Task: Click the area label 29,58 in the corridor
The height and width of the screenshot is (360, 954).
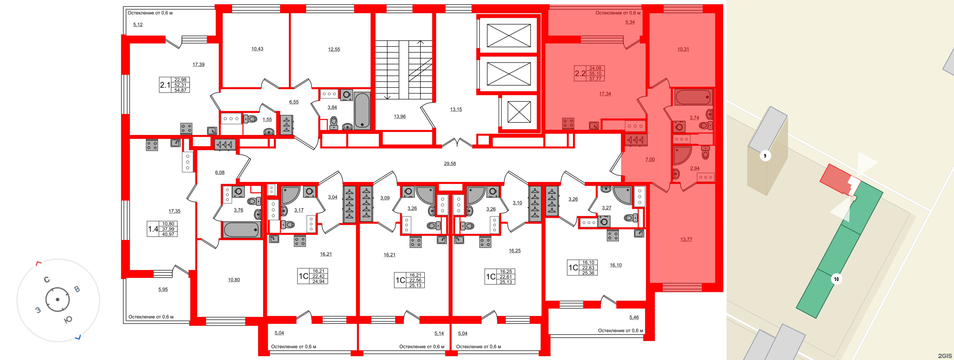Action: [x=450, y=164]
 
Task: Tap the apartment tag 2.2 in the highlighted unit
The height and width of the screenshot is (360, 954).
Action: [x=580, y=73]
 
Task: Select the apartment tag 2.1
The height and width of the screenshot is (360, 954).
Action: [x=165, y=85]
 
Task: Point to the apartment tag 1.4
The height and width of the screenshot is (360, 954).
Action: [x=153, y=229]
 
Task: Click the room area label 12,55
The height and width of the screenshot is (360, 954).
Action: [x=334, y=49]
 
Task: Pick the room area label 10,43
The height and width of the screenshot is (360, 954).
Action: [x=257, y=49]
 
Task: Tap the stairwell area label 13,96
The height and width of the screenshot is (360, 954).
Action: [x=399, y=117]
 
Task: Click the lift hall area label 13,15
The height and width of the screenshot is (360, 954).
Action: [x=456, y=110]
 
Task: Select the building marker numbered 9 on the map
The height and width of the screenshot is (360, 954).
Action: [x=765, y=156]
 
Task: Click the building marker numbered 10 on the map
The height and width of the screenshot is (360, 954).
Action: [x=836, y=279]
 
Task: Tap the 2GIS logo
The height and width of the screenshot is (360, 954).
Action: [x=945, y=356]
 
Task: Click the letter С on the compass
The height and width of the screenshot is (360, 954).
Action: [x=47, y=280]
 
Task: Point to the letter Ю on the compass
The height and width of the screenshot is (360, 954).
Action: [x=68, y=320]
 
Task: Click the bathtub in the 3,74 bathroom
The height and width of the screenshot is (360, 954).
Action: [x=693, y=97]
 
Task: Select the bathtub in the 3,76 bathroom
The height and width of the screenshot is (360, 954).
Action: [x=241, y=230]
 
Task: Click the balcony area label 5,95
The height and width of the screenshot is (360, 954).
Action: [x=163, y=290]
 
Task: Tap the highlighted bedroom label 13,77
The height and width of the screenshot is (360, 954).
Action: [x=686, y=240]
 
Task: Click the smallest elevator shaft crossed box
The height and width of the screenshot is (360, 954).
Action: [x=519, y=112]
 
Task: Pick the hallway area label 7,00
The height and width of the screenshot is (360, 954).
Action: [x=650, y=160]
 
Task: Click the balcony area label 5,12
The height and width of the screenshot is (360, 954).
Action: [x=138, y=25]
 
